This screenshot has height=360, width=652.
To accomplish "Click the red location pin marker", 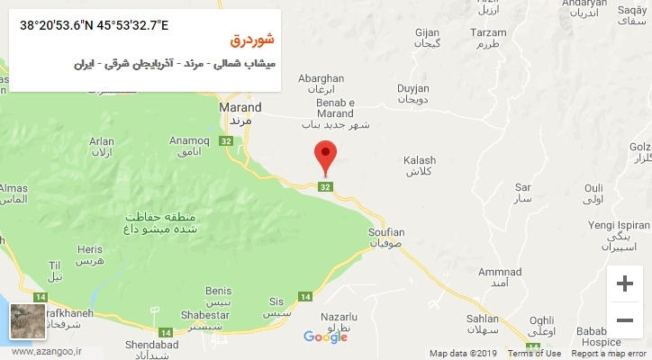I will click(325, 157).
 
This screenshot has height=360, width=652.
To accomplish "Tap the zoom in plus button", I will click(623, 283).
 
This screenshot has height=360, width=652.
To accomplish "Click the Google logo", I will click(325, 337).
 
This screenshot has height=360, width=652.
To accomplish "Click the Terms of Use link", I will click(533, 354).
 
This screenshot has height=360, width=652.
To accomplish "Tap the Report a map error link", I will click(610, 354).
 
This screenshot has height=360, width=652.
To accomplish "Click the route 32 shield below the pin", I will click(325, 186).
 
